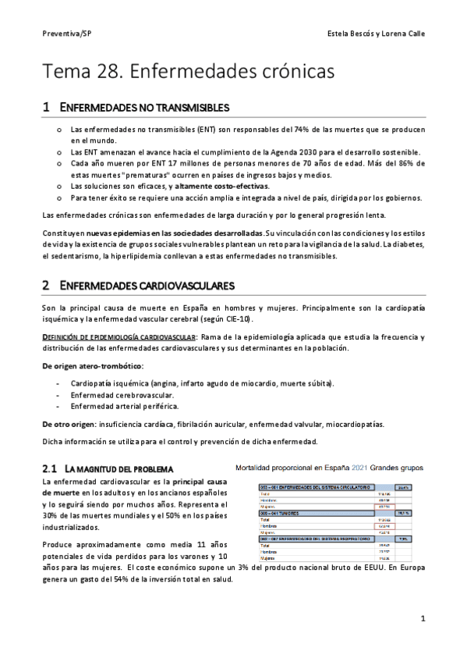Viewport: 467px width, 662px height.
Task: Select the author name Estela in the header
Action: pyautogui.click(x=344, y=34)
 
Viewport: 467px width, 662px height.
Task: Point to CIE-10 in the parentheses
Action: pyautogui.click(x=240, y=319)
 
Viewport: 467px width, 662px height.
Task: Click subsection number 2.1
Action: pyautogui.click(x=50, y=468)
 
